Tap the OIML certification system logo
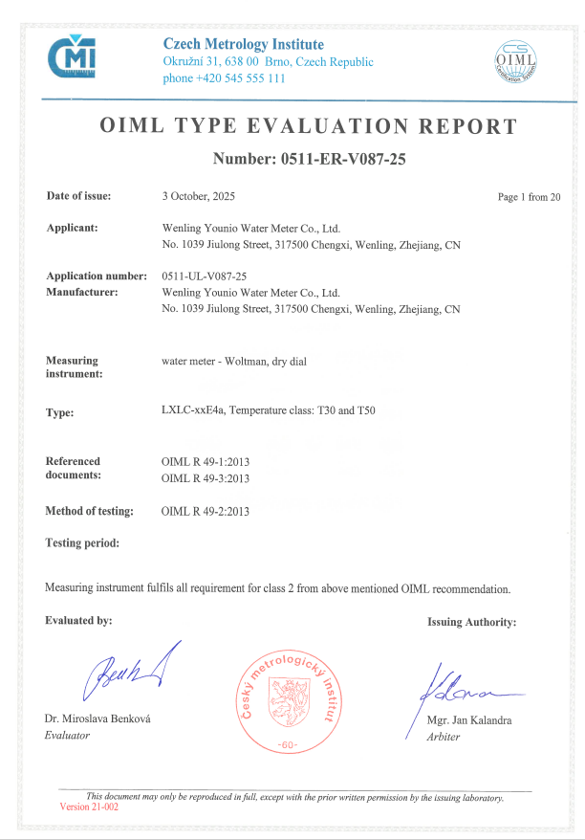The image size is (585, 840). tap(516, 63)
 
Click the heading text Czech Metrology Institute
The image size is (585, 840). tap(243, 44)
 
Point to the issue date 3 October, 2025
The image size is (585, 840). tap(199, 196)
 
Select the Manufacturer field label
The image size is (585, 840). tap(82, 292)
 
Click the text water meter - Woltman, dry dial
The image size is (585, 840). tap(233, 361)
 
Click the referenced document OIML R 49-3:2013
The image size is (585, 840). tap(206, 477)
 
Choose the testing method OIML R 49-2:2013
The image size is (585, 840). tap(206, 512)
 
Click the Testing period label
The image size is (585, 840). tap(82, 543)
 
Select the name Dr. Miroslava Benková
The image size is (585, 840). tap(97, 718)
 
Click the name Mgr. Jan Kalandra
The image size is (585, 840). tap(468, 720)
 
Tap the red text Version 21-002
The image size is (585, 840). tap(89, 807)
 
